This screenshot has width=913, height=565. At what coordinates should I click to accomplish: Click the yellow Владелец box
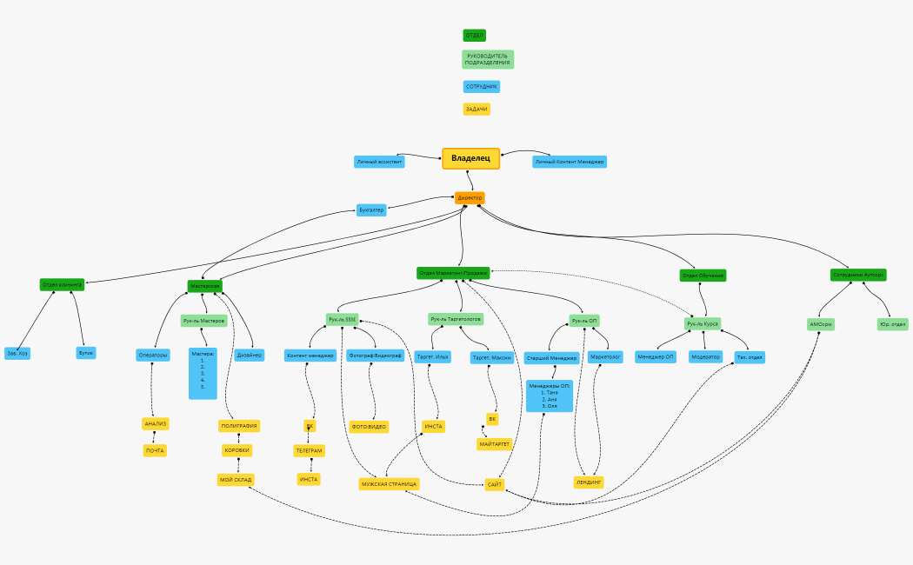[470, 158]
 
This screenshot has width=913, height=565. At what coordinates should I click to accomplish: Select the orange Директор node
[470, 198]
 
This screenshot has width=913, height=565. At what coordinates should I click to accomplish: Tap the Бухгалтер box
[370, 209]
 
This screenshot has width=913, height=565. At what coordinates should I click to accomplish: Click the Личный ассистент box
[379, 162]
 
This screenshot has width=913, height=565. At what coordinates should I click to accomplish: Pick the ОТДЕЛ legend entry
[474, 36]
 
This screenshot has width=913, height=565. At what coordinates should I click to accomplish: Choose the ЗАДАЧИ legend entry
[476, 110]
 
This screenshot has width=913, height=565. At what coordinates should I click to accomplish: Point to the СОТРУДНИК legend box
[482, 87]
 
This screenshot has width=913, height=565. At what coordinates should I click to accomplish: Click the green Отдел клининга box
[62, 284]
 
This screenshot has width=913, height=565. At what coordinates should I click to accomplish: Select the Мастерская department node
[205, 286]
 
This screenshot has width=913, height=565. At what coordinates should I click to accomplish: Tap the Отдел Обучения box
[703, 276]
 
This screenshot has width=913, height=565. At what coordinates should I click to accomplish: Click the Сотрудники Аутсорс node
[858, 275]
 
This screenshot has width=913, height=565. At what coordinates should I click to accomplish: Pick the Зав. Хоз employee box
[17, 353]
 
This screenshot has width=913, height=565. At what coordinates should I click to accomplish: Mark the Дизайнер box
[250, 355]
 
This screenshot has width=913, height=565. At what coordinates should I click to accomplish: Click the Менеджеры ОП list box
[550, 395]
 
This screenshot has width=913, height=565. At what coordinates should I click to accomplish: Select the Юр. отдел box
[892, 324]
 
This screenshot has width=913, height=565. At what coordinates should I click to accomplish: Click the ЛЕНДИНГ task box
[590, 482]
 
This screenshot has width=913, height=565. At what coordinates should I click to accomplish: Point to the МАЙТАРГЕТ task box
[495, 444]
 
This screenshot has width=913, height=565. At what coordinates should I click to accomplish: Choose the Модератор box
[706, 356]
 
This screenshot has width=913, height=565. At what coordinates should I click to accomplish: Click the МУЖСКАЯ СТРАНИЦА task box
[390, 484]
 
